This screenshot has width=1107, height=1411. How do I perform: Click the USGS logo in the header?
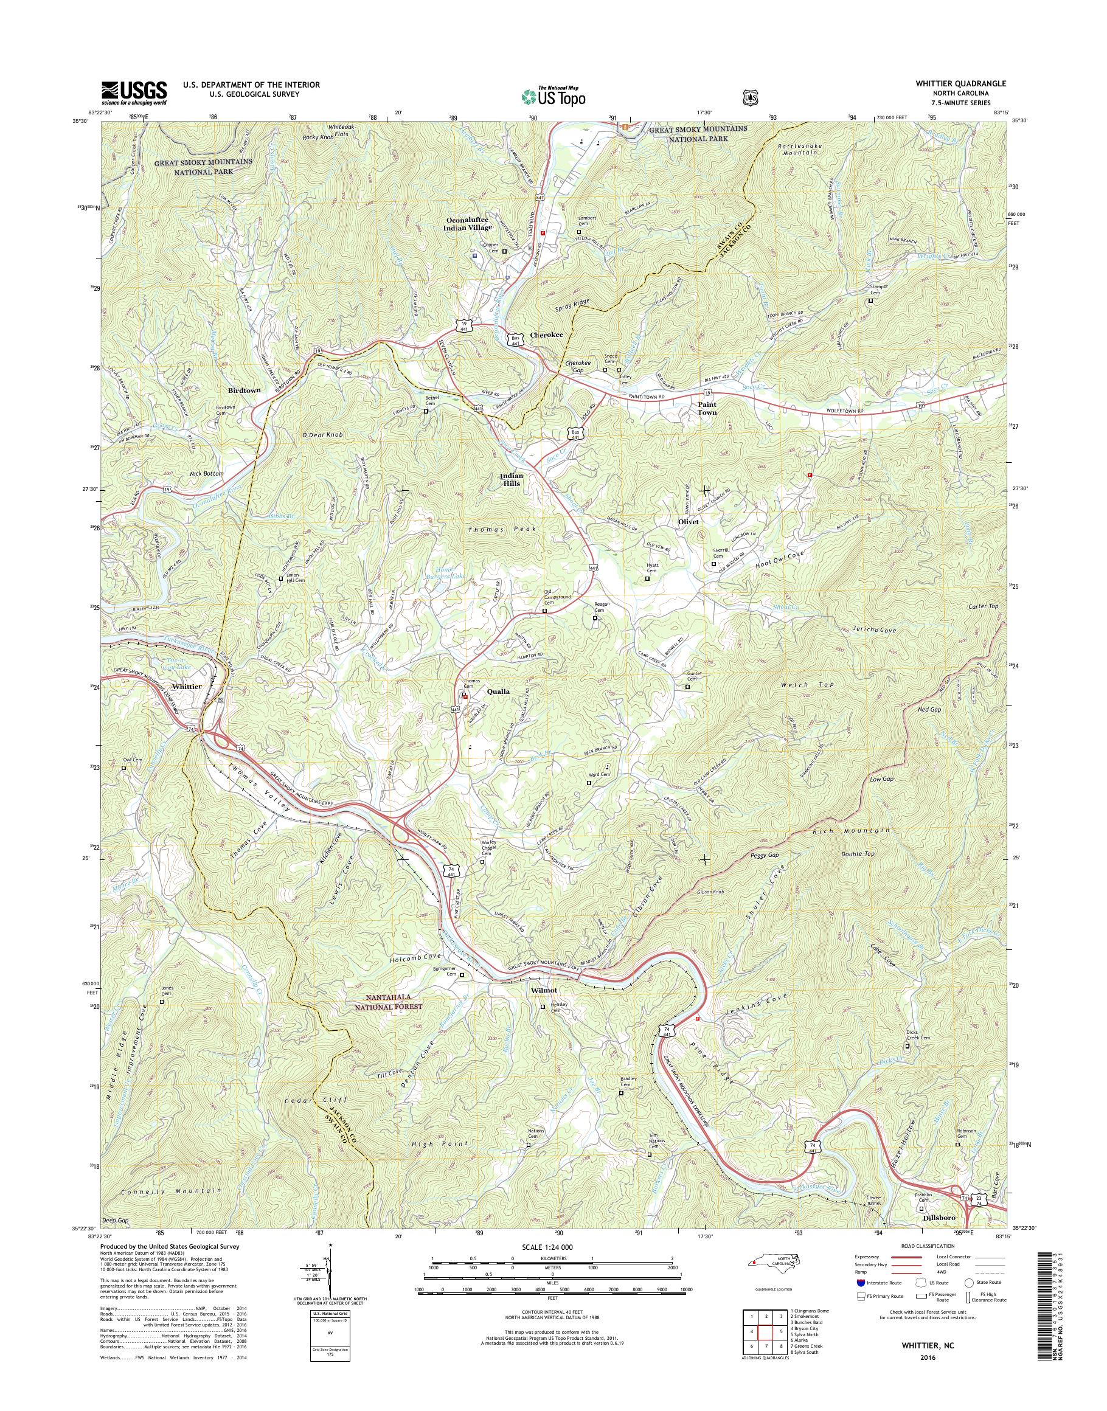(x=134, y=93)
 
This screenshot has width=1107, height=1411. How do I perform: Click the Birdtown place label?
(x=244, y=391)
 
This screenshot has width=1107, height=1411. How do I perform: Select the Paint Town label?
(x=707, y=407)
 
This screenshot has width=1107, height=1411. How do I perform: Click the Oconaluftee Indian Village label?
(x=468, y=224)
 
